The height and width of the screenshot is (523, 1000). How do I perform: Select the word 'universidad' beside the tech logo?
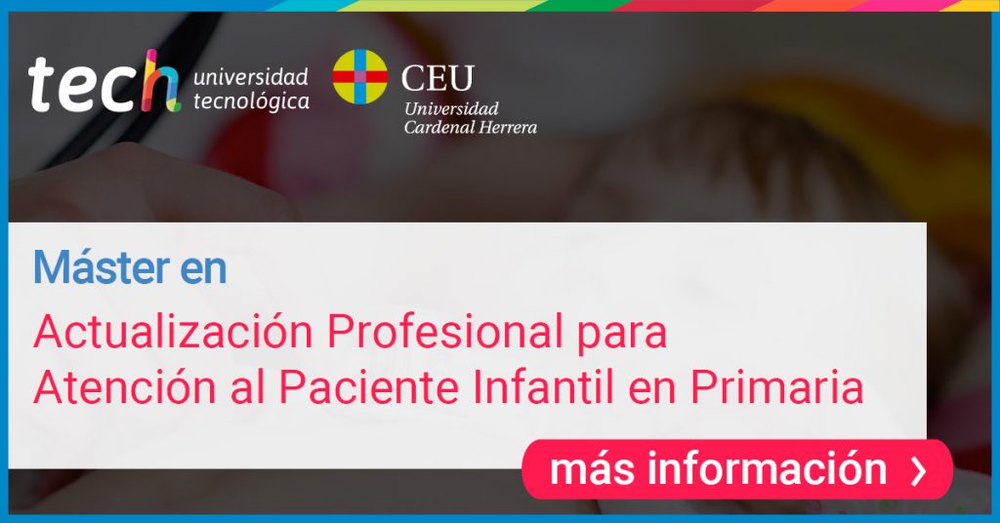click(251, 77)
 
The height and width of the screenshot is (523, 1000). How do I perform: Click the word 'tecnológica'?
click(251, 101)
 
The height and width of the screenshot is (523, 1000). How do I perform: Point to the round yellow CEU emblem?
click(359, 77)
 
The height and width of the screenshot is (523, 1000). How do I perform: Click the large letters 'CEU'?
click(437, 78)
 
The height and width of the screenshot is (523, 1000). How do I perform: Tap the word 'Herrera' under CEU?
click(508, 128)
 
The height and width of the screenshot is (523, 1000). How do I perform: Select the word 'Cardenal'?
click(439, 128)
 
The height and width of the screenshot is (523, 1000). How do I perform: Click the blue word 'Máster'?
click(102, 267)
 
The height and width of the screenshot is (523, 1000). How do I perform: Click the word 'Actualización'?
click(174, 331)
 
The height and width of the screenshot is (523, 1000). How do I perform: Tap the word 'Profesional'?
click(444, 331)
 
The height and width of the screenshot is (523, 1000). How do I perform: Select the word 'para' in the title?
click(622, 336)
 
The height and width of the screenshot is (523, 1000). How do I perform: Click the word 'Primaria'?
click(777, 386)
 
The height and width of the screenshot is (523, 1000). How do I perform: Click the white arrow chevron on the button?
click(919, 470)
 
